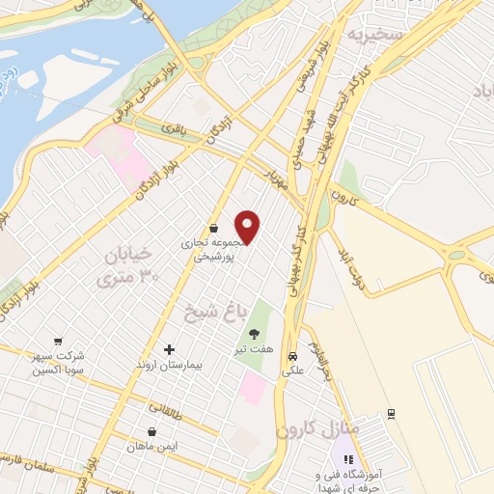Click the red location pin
[249, 226]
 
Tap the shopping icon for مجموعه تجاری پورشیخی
[213, 229]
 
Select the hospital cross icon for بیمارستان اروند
[170, 348]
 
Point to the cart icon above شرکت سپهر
[58, 341]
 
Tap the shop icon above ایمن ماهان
[151, 432]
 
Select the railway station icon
[391, 414]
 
